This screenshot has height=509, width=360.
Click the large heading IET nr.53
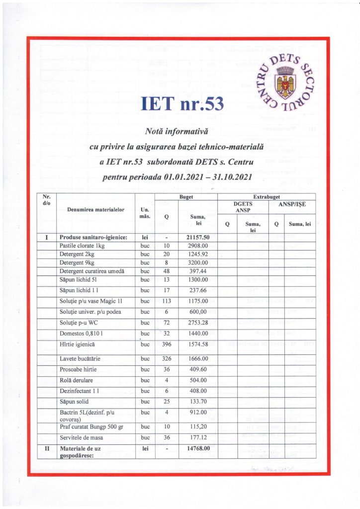[x=182, y=103]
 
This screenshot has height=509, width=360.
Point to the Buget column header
[x=187, y=197]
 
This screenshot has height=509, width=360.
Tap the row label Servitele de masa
[x=83, y=437]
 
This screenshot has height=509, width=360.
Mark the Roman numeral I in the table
[x=46, y=238]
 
